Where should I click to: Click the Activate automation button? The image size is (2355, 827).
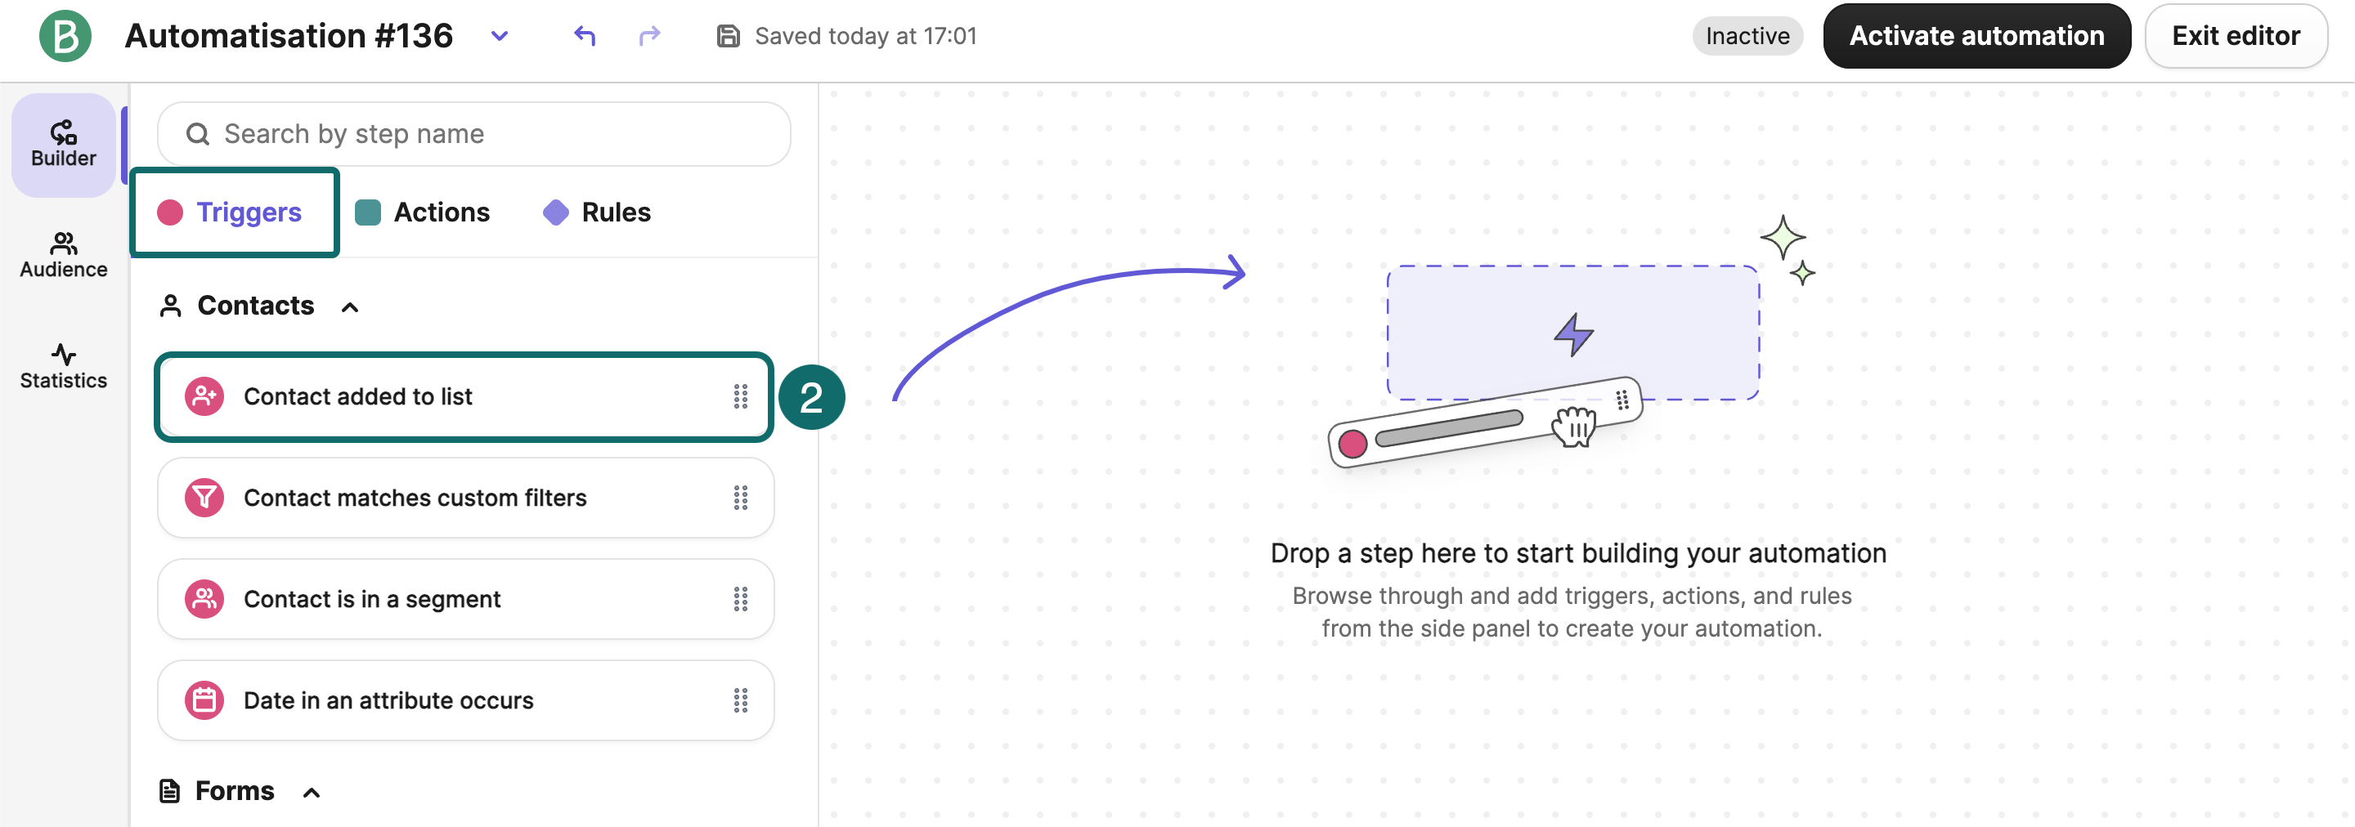[x=1976, y=36]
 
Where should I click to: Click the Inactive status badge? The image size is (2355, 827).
[x=1747, y=36]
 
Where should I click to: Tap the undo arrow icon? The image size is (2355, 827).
[x=585, y=36]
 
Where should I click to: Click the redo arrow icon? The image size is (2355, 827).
[x=649, y=36]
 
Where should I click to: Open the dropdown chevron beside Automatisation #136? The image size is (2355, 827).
[x=499, y=36]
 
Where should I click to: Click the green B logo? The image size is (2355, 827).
[x=65, y=36]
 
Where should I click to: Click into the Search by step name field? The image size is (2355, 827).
[x=473, y=133]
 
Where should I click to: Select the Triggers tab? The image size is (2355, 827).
[x=235, y=212]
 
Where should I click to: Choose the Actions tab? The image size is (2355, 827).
[x=423, y=212]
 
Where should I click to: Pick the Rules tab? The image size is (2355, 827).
[x=597, y=212]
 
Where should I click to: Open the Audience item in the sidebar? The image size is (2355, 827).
[x=64, y=255]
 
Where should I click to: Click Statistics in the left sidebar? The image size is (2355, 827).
[x=64, y=365]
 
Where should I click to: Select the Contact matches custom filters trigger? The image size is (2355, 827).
[x=465, y=497]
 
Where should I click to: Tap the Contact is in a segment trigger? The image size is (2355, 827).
[x=465, y=598]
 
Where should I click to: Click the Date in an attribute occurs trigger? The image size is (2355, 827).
[x=465, y=700]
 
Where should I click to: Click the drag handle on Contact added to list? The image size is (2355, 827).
[x=741, y=396]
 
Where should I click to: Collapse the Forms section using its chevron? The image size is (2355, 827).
[x=312, y=793]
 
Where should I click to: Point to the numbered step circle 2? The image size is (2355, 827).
[x=811, y=397]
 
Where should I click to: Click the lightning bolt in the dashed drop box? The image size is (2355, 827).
[x=1573, y=334]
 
